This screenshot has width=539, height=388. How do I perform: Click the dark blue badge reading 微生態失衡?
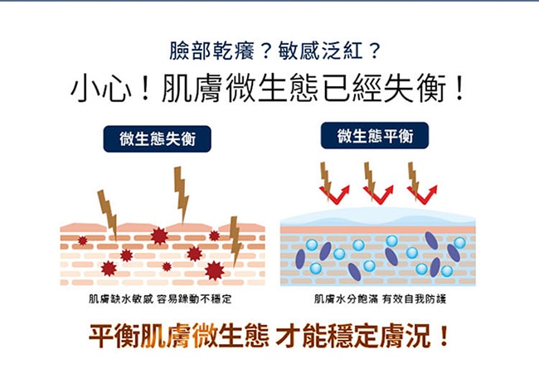tap(157, 138)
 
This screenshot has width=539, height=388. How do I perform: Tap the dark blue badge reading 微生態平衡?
tap(374, 135)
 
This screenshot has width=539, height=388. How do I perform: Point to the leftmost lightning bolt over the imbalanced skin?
tap(107, 211)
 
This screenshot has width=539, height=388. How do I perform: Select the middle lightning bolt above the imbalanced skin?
tap(181, 192)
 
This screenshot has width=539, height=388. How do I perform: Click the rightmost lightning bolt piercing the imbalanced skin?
tap(235, 240)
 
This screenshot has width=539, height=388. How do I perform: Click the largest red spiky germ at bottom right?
tap(214, 269)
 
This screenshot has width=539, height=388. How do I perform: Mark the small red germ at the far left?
tap(82, 240)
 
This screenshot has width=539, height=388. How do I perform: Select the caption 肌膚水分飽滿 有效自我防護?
tap(377, 298)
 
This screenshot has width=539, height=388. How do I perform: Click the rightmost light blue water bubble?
tap(459, 243)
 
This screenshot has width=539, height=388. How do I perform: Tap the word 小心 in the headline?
tap(100, 89)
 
